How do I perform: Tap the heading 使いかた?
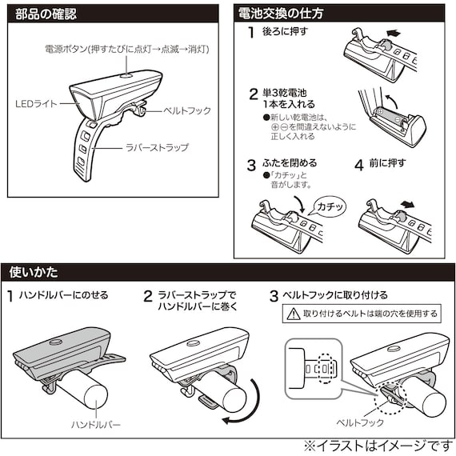point(34,273)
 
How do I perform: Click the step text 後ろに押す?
point(283,33)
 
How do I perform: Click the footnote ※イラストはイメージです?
point(377,444)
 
